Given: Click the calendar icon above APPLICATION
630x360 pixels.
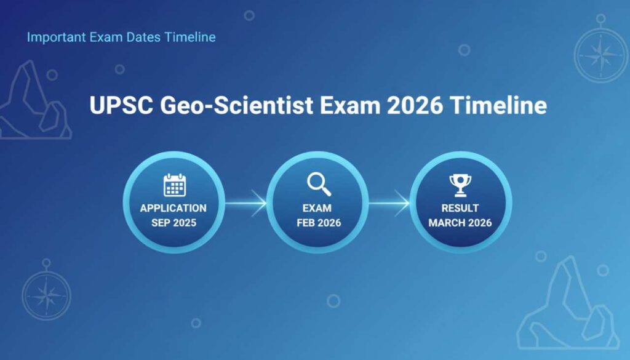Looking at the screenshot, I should click(x=174, y=185).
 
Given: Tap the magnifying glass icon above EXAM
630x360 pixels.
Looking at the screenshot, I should click(x=318, y=184).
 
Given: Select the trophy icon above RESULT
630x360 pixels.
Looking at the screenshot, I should click(x=460, y=185).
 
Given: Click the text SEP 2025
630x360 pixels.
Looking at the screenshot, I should click(x=173, y=222).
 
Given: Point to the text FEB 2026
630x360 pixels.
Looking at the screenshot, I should click(x=317, y=222).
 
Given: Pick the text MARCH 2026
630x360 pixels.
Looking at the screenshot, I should click(x=460, y=222).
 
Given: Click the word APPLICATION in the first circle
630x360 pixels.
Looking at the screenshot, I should click(x=173, y=208).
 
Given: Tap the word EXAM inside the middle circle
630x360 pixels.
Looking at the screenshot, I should click(x=317, y=208).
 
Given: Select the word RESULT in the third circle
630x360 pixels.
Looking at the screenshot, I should click(x=460, y=208).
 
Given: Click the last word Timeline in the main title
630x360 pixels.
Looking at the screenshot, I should click(x=498, y=106).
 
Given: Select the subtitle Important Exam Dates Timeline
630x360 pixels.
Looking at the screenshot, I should click(x=121, y=37).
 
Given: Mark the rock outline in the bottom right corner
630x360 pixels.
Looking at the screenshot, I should click(x=569, y=308).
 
